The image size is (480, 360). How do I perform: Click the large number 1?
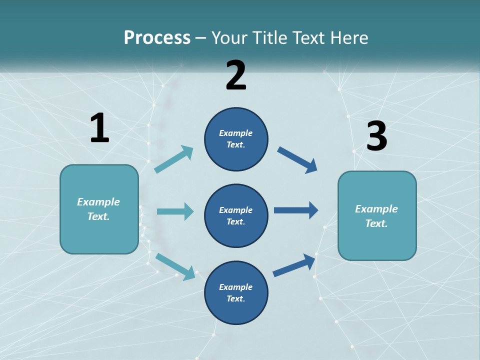pos(99,128)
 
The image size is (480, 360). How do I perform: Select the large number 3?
pos(376,137)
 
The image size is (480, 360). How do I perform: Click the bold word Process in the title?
pos(157,37)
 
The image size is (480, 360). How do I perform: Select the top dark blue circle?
pos(236,139)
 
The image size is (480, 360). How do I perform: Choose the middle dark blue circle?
pos(236,215)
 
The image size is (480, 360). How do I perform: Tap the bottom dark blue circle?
pos(236,292)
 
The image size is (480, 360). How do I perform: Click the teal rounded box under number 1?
pos(99,209)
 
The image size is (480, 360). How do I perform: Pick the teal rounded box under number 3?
pos(377,215)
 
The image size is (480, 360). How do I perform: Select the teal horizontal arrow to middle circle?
pos(175,211)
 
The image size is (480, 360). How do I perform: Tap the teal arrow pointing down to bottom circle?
pos(175,266)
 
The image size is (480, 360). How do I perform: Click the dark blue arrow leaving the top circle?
pos(297,159)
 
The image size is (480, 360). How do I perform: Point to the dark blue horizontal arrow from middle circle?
pos(296,210)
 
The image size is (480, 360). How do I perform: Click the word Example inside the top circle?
pos(236,133)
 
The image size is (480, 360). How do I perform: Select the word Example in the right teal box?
pos(376,209)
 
